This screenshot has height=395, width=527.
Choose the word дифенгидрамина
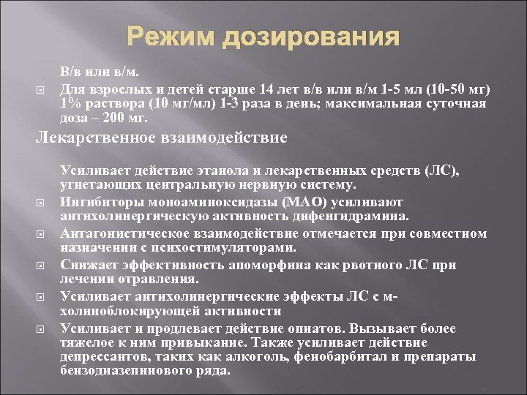click(x=346, y=217)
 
